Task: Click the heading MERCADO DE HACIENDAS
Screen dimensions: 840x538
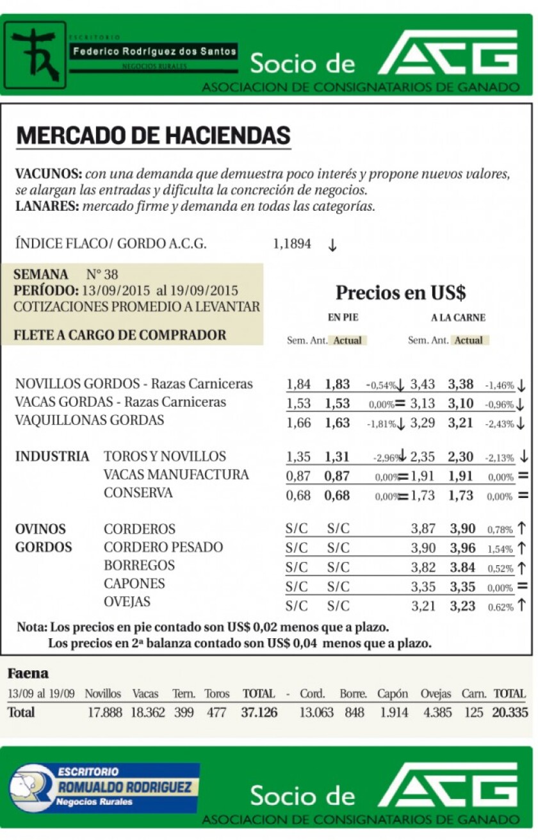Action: (x=153, y=136)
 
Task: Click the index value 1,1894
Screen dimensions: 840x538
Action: (x=292, y=244)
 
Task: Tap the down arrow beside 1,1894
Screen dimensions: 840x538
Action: (x=332, y=245)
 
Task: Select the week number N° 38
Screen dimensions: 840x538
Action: (x=102, y=274)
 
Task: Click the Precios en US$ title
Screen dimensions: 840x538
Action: (x=400, y=293)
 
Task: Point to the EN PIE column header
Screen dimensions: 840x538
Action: (x=343, y=317)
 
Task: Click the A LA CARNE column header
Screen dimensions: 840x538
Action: (x=458, y=317)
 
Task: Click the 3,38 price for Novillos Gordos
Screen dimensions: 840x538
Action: (x=461, y=384)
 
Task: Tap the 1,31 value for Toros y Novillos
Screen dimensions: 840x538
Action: (x=337, y=457)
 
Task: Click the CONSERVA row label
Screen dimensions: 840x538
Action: (x=138, y=493)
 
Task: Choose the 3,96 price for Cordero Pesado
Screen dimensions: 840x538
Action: (x=462, y=548)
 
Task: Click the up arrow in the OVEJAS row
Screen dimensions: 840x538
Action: (x=522, y=604)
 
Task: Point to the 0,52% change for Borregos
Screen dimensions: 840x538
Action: (x=500, y=569)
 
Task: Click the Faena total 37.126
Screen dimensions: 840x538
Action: (x=259, y=712)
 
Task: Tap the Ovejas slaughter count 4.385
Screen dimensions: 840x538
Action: (x=437, y=712)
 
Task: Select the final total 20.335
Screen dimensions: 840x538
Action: (x=510, y=712)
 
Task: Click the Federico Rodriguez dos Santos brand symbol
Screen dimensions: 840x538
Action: (x=35, y=55)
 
